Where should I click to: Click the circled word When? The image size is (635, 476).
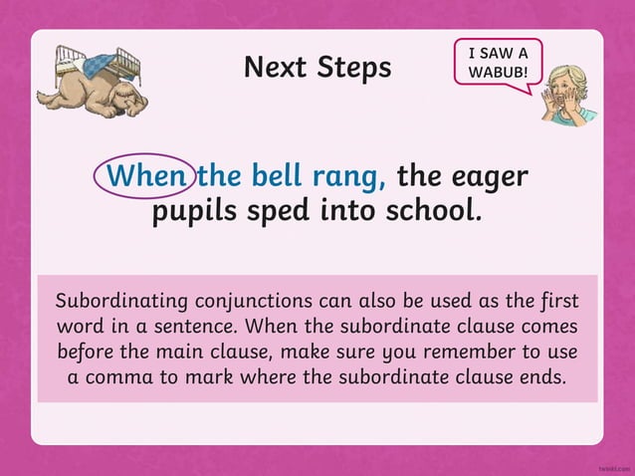click(145, 176)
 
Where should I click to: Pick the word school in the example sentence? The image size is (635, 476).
click(430, 211)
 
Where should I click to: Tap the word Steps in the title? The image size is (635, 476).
click(356, 69)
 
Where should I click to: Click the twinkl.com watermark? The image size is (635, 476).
click(614, 465)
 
